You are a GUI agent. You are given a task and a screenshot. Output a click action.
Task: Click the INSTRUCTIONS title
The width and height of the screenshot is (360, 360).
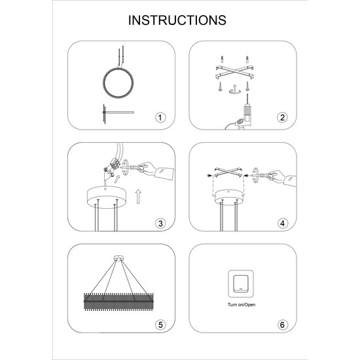click(x=177, y=20)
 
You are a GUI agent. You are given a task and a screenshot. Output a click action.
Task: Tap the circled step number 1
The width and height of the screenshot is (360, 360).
click(x=160, y=118)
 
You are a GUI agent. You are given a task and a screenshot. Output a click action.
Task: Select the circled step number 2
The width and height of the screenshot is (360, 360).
click(x=282, y=118)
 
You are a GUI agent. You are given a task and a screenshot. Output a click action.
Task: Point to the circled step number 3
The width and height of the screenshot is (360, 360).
click(x=160, y=223)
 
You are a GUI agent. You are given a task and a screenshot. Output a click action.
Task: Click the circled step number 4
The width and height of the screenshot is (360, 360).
click(x=282, y=223)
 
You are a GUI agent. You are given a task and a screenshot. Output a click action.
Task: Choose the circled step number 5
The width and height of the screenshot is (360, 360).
click(x=160, y=325)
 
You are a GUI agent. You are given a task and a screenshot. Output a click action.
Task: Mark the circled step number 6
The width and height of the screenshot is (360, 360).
click(x=282, y=325)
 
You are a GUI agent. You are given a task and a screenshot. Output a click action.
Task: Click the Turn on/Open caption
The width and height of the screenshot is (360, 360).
click(x=242, y=304)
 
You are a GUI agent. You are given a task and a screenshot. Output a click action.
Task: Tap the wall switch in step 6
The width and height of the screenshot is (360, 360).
click(x=241, y=284)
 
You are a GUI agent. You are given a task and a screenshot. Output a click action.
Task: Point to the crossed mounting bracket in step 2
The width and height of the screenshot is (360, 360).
click(x=234, y=71)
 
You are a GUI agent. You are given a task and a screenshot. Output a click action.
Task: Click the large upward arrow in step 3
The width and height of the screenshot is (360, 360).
click(x=138, y=196)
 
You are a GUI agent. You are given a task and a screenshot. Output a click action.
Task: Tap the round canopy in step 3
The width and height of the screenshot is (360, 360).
click(x=106, y=197)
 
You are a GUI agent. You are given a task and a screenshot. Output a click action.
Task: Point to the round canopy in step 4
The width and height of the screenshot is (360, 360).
click(x=228, y=197)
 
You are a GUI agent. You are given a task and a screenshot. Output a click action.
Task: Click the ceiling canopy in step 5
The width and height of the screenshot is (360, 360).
click(x=118, y=259)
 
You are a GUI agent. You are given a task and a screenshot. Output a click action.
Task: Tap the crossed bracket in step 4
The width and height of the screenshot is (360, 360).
click(x=228, y=172)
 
